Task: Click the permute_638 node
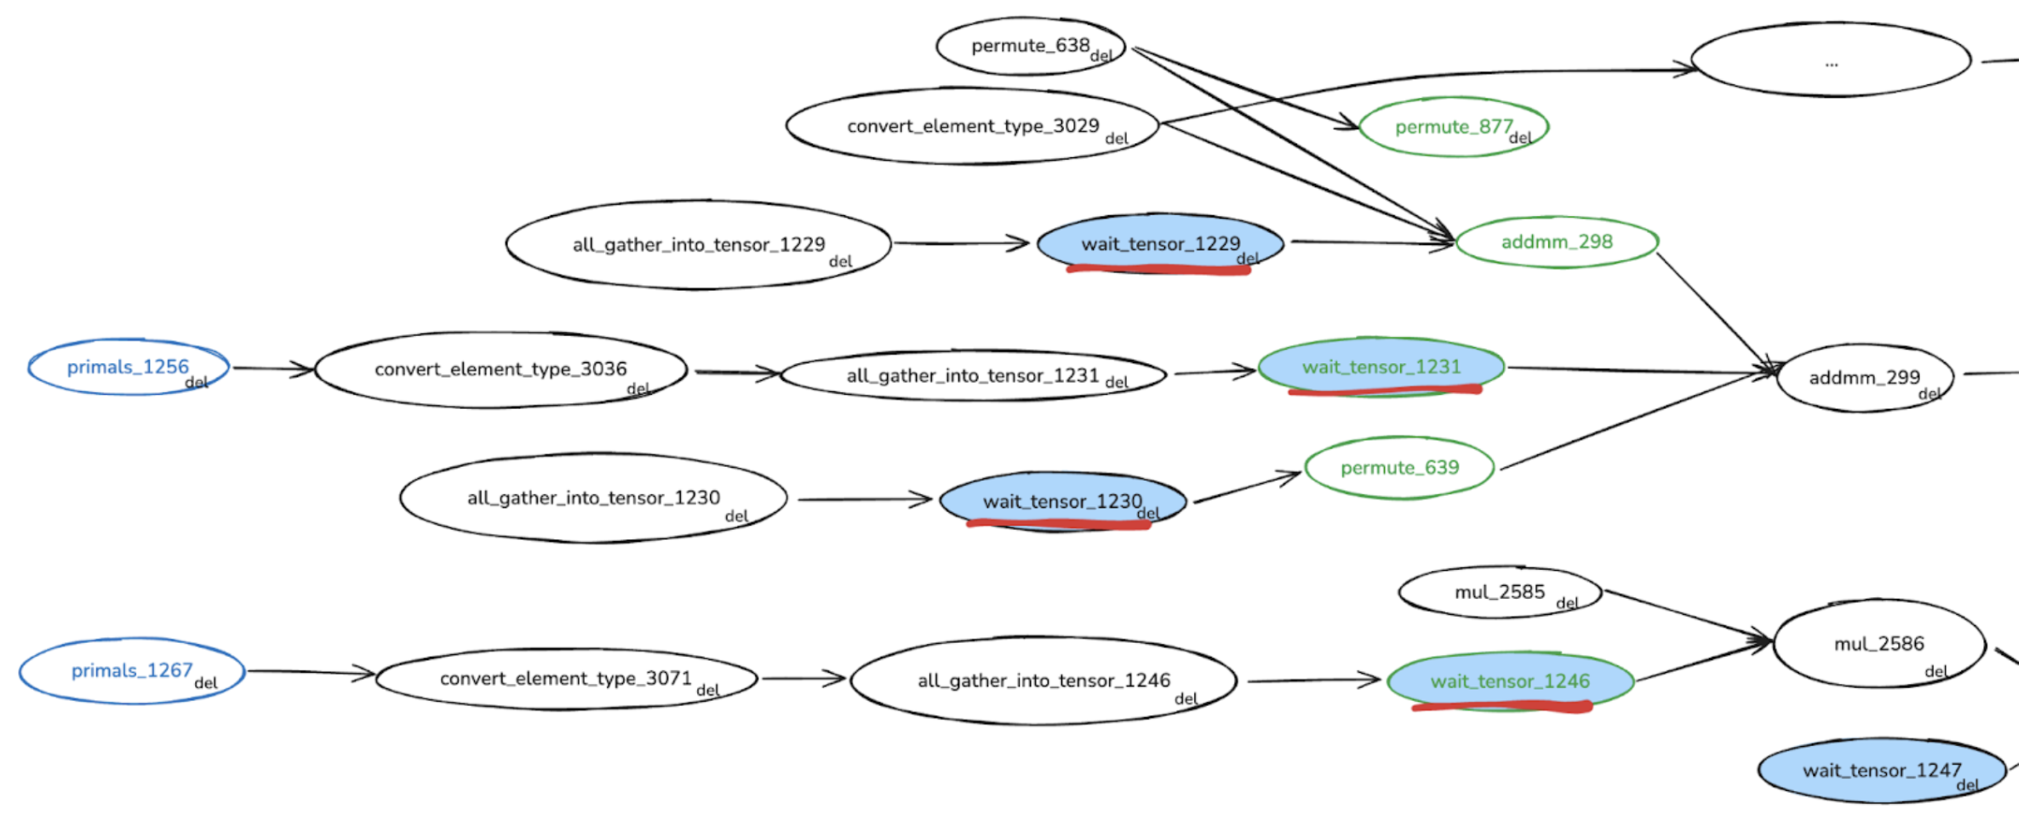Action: pos(1030,46)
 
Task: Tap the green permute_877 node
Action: pos(1453,127)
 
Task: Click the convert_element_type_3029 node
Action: pos(972,126)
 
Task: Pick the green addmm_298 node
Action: pos(1556,242)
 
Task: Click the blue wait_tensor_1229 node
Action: pos(1159,243)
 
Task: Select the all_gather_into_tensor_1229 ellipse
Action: pos(698,245)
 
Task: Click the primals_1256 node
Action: pos(128,367)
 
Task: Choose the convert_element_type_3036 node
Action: pos(500,369)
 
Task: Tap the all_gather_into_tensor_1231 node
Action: pos(972,375)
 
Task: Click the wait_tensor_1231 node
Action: pos(1381,367)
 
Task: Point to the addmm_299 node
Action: pos(1864,377)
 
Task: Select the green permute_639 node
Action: pos(1398,467)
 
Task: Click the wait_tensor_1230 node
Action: pos(1061,501)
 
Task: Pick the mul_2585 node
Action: pos(1499,592)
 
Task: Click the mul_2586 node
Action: pos(1878,644)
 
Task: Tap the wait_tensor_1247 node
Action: pos(1881,771)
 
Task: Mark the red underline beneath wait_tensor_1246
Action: pos(1502,706)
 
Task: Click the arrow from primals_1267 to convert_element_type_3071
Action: pos(311,673)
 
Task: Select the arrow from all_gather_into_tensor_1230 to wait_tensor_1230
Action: pos(864,499)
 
